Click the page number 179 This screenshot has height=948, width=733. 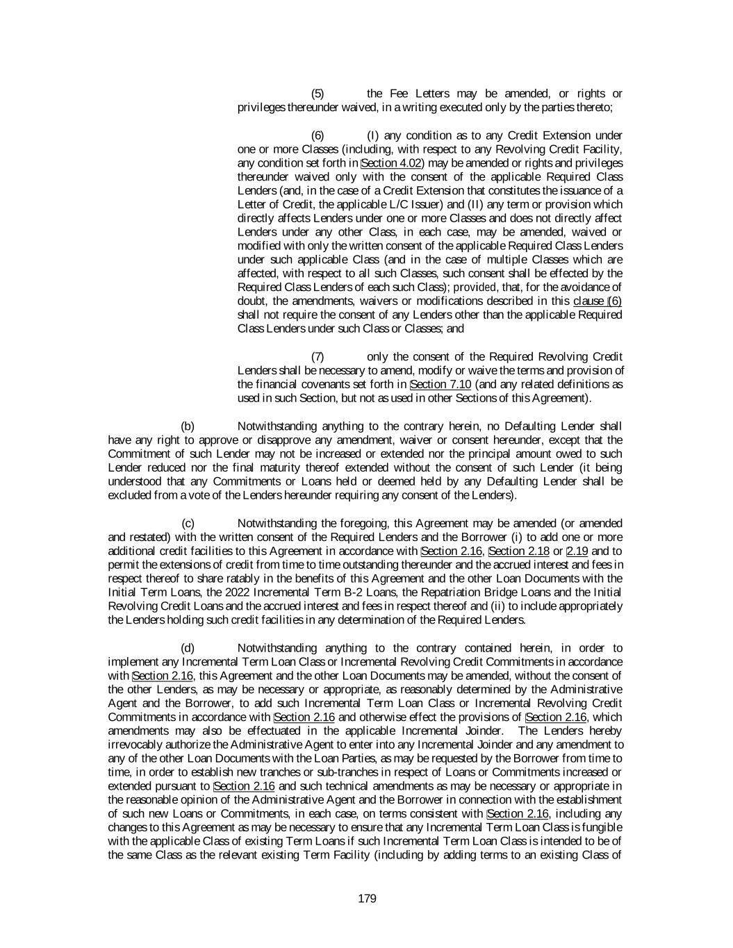[x=367, y=899]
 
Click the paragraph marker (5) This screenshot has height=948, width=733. [x=317, y=94]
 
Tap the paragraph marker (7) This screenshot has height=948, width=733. [x=317, y=357]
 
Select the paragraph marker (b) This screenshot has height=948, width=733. [x=188, y=426]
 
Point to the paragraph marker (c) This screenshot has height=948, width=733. [x=188, y=523]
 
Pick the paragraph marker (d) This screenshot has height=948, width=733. [x=188, y=648]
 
